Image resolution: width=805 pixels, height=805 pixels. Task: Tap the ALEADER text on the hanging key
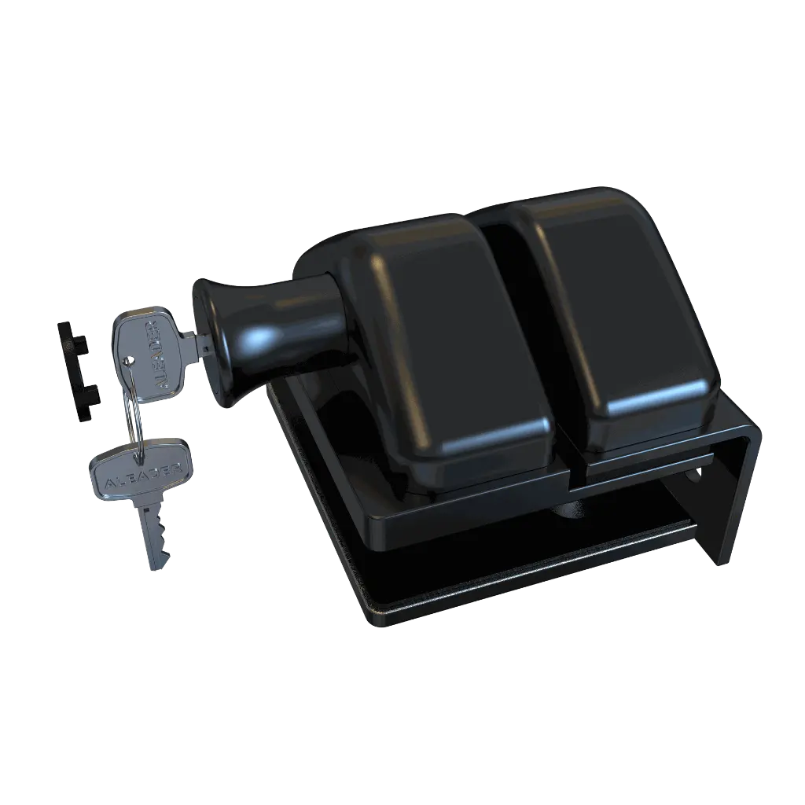tap(140, 470)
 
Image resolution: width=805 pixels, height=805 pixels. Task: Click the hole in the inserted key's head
tap(128, 361)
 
